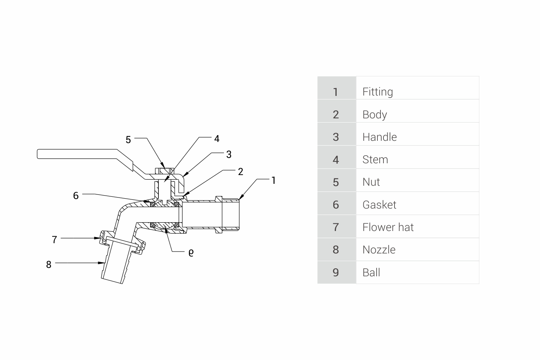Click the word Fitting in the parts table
(x=377, y=92)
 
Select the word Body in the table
(x=374, y=115)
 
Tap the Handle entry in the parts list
(x=379, y=137)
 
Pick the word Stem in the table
(x=375, y=159)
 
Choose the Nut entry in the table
(x=371, y=182)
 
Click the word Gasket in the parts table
(x=379, y=205)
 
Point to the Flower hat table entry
(x=388, y=227)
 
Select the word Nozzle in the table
(x=379, y=250)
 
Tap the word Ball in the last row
(x=371, y=272)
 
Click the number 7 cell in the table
(x=336, y=227)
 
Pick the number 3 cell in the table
(x=336, y=137)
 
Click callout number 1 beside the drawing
(x=273, y=180)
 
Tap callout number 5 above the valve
(x=128, y=140)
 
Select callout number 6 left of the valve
(x=76, y=196)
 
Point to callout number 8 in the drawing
(x=49, y=264)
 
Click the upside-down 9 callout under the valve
(x=191, y=252)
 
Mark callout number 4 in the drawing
(x=217, y=139)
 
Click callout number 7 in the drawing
(x=54, y=240)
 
